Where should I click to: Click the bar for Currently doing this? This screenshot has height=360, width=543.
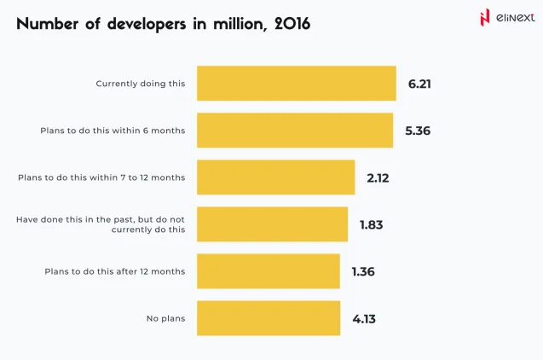(296, 84)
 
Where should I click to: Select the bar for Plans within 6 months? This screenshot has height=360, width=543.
(295, 131)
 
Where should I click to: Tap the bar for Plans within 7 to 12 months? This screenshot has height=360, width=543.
(275, 177)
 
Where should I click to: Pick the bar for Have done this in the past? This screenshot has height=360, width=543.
(272, 224)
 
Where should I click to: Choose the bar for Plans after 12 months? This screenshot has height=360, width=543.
(269, 271)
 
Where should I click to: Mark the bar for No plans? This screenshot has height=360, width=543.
(269, 318)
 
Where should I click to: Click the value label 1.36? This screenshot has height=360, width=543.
(363, 271)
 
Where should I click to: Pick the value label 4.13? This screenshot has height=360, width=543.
(364, 318)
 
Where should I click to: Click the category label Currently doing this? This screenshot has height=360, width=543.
(140, 84)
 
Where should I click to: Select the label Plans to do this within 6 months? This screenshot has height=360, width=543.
(113, 131)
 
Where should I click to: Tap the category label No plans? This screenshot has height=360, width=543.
(165, 318)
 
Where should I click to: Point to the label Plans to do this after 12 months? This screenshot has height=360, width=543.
(114, 271)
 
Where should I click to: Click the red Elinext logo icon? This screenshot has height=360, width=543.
(485, 17)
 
